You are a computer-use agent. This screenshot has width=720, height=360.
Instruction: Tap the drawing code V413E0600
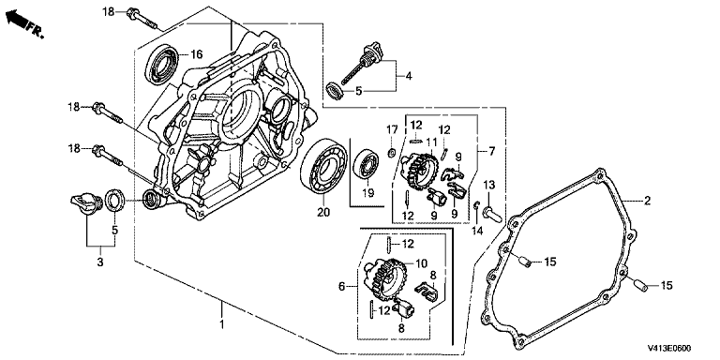click(669, 349)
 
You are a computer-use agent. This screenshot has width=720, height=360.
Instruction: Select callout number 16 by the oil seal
click(196, 55)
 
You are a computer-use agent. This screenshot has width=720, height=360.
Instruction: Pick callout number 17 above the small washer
click(392, 130)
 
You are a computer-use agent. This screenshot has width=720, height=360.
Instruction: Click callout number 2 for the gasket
click(647, 201)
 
